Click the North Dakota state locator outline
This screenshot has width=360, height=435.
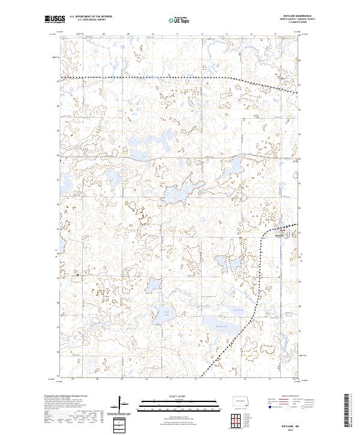point(241,402)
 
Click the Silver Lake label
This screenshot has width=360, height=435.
point(160,312)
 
